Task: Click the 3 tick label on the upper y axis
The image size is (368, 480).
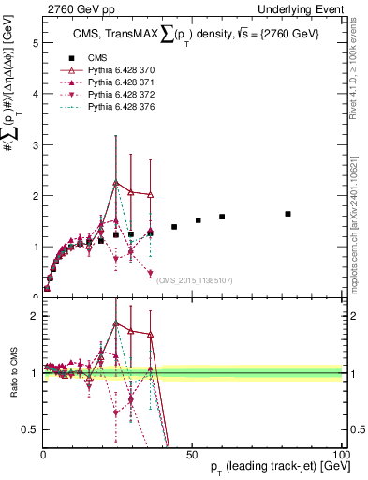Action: tap(35, 145)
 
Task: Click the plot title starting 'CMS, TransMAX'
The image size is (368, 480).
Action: tap(197, 36)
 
